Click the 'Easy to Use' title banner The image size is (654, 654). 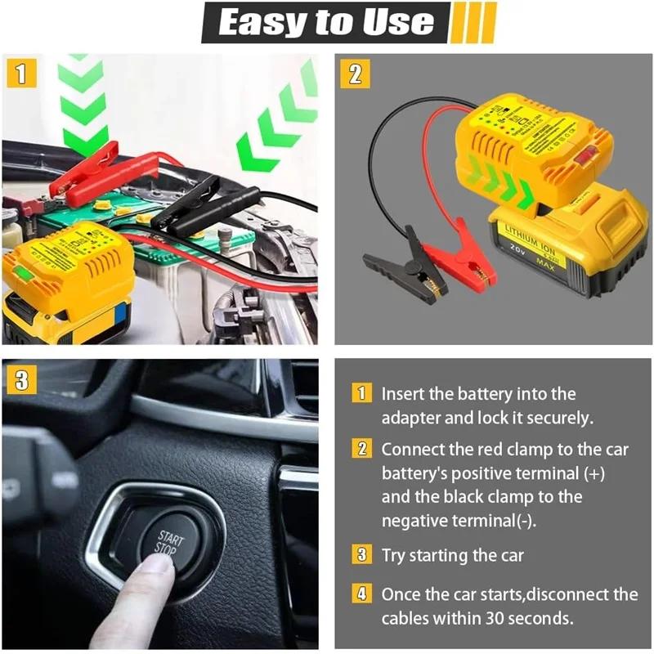click(327, 23)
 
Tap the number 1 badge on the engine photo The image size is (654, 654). click(22, 73)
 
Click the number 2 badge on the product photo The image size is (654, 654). click(355, 73)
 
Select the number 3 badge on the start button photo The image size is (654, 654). click(22, 379)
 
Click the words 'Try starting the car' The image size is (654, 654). click(452, 556)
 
